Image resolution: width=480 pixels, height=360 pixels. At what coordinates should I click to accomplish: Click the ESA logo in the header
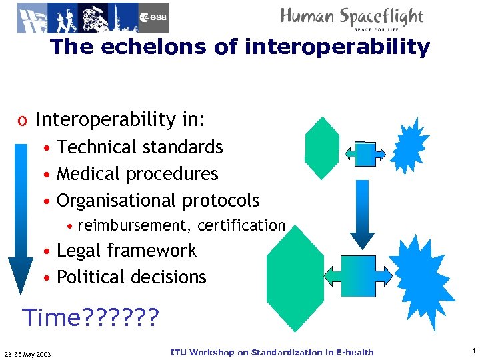[x=153, y=17]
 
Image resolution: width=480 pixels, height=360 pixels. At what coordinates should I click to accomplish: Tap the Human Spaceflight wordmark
[x=352, y=17]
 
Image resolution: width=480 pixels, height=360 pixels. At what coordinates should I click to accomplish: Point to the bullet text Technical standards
[x=140, y=147]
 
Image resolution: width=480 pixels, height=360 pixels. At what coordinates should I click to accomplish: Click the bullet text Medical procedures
[x=137, y=173]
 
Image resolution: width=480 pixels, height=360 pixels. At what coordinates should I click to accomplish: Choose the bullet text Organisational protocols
[x=158, y=200]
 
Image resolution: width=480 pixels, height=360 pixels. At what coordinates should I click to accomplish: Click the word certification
[x=241, y=225]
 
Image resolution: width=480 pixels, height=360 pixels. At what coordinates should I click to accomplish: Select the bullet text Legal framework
[x=127, y=251]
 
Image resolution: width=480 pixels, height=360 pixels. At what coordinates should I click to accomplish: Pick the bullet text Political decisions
[x=131, y=277]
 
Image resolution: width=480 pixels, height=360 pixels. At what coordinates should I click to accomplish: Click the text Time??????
[x=91, y=318]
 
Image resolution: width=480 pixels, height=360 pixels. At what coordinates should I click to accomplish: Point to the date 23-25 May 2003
[x=32, y=353]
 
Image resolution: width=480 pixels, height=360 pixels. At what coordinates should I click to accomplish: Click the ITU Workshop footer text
[x=272, y=352]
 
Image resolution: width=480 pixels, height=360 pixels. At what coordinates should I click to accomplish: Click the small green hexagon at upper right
[x=321, y=148]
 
